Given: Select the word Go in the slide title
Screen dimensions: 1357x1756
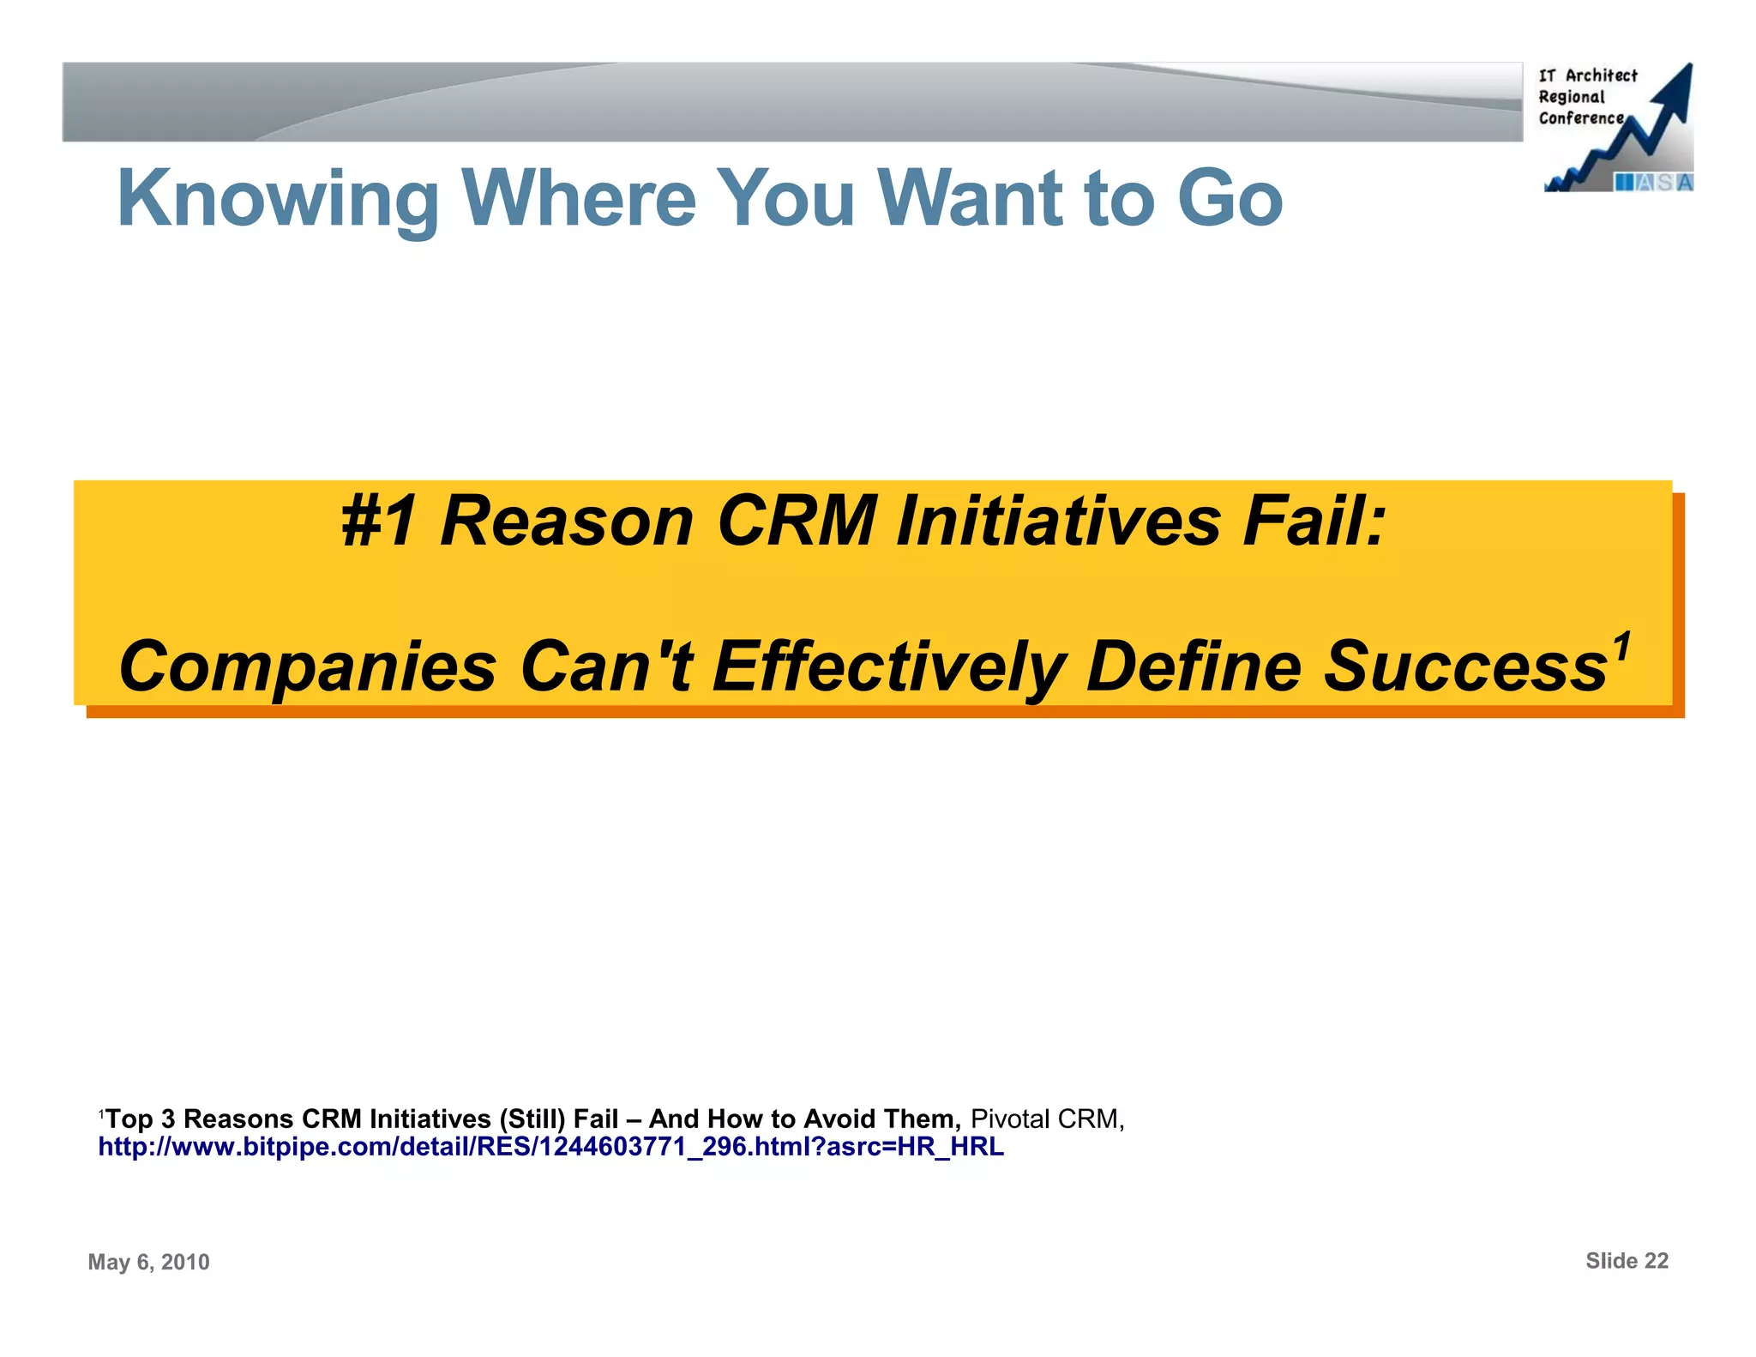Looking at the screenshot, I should click(x=1230, y=199).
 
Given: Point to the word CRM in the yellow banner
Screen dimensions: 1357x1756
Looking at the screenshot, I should click(x=797, y=522).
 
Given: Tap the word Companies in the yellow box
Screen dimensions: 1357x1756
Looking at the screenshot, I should click(x=308, y=667).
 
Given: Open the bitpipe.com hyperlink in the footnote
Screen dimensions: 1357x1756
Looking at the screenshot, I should click(x=550, y=1147).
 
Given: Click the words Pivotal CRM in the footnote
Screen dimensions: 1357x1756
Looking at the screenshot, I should click(x=1046, y=1119).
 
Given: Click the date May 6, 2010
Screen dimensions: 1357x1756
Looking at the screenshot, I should click(x=148, y=1262).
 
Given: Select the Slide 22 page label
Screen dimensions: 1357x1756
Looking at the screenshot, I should click(x=1627, y=1261).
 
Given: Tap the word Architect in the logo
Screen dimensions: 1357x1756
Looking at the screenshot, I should click(x=1601, y=75).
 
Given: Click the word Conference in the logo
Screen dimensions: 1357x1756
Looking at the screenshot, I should click(x=1580, y=118).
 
